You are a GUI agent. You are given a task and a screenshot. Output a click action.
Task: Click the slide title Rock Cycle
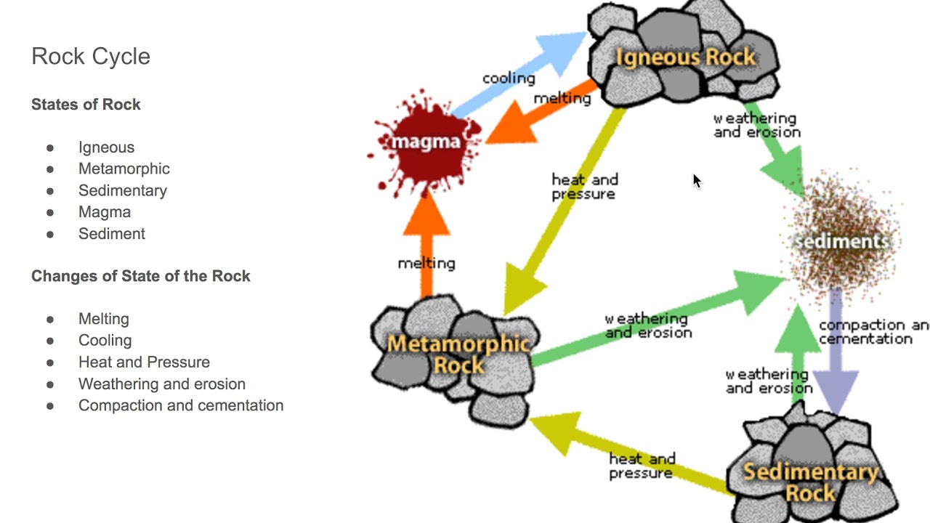pyautogui.click(x=91, y=57)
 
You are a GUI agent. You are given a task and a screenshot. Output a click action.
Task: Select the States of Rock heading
pyautogui.click(x=86, y=105)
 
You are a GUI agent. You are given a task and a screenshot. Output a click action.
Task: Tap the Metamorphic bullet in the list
pyautogui.click(x=124, y=169)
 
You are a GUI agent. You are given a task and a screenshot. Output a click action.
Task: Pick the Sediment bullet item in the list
pyautogui.click(x=111, y=234)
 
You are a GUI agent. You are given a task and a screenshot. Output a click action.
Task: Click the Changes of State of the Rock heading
pyautogui.click(x=140, y=277)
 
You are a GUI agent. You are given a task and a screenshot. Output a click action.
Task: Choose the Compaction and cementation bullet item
pyautogui.click(x=180, y=405)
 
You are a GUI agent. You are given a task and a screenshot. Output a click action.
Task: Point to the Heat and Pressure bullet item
pyautogui.click(x=144, y=362)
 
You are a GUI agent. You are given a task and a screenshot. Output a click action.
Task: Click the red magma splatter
pyautogui.click(x=425, y=142)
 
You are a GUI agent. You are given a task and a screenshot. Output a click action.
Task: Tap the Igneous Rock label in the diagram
pyautogui.click(x=684, y=57)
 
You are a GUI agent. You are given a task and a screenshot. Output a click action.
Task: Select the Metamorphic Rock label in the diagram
pyautogui.click(x=458, y=354)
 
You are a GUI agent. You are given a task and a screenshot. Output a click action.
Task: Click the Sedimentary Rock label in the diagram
pyautogui.click(x=810, y=482)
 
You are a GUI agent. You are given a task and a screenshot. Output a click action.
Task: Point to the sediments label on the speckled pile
pyautogui.click(x=843, y=241)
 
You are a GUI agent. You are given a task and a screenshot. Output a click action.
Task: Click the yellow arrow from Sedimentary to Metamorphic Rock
pyautogui.click(x=625, y=450)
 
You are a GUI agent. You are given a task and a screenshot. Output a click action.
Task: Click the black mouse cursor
pyautogui.click(x=697, y=181)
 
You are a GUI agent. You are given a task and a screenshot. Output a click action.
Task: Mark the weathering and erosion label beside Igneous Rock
pyautogui.click(x=756, y=125)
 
